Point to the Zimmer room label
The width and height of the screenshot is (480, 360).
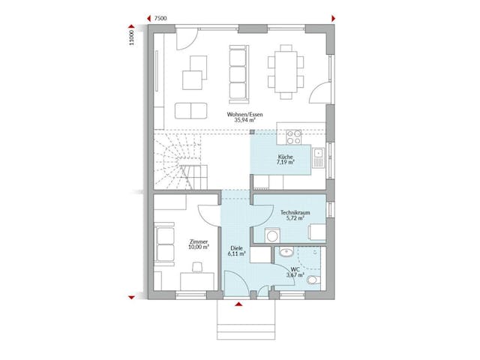coord(199,241)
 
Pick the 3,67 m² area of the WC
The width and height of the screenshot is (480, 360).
coord(295,276)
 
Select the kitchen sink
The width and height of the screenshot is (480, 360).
coord(318,156)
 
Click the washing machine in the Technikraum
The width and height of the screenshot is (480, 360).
coord(318,232)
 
